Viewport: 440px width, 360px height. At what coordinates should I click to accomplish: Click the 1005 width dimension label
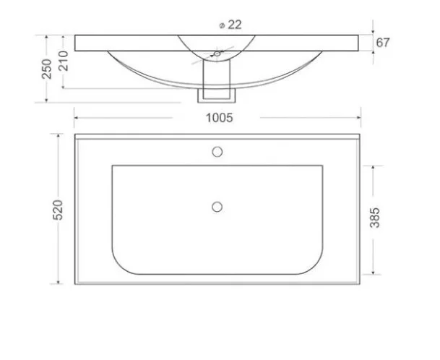pyautogui.click(x=220, y=119)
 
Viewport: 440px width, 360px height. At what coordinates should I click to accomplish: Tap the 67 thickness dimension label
pyautogui.click(x=383, y=42)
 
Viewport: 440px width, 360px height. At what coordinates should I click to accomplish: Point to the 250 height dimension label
pyautogui.click(x=46, y=69)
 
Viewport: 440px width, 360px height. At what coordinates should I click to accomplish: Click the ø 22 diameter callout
pyautogui.click(x=229, y=24)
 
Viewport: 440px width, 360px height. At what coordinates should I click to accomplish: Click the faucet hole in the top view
pyautogui.click(x=216, y=153)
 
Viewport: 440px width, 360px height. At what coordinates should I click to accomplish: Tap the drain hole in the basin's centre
pyautogui.click(x=216, y=207)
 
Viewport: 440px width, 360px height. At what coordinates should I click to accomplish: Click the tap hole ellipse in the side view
pyautogui.click(x=216, y=53)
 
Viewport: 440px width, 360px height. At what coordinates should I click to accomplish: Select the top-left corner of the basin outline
pyautogui.click(x=113, y=166)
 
